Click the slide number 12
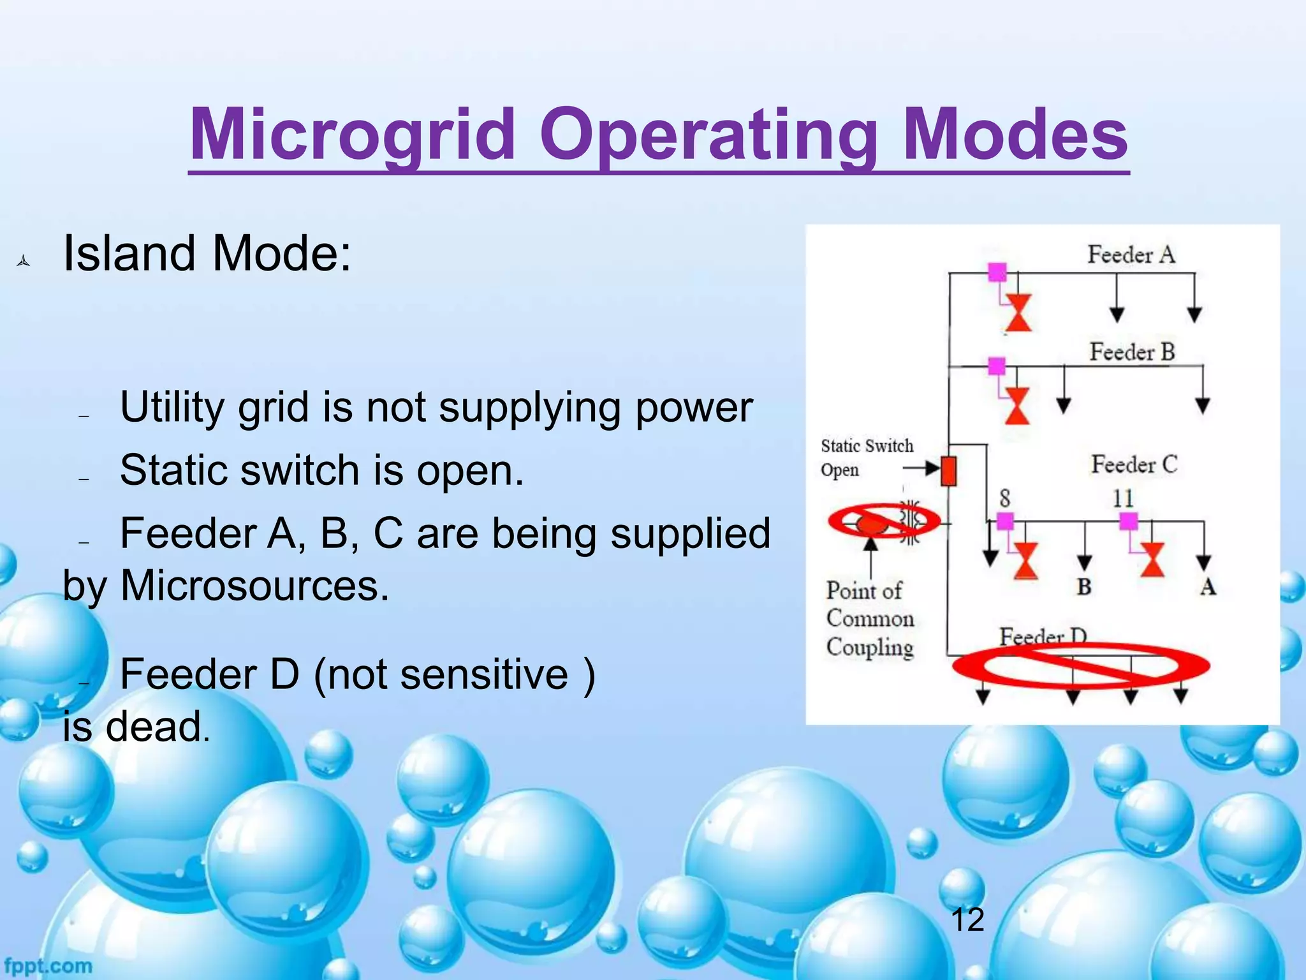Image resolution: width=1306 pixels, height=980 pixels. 967,920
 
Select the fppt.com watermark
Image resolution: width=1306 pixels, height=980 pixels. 48,965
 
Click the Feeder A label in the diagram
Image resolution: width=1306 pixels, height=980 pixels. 1131,255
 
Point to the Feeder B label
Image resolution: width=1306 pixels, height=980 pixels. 1132,352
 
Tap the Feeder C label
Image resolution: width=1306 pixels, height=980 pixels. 1134,464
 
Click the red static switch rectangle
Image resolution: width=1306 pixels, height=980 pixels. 948,471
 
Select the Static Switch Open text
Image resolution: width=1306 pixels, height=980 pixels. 865,457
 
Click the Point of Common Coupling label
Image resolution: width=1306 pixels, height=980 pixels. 869,618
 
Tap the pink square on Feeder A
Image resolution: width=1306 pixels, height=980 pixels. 997,272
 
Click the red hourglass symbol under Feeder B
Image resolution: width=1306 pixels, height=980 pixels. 1017,406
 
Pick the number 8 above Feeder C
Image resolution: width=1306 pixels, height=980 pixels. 1004,498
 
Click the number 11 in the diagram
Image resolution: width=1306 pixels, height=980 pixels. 1123,498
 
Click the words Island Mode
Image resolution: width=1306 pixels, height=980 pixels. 207,253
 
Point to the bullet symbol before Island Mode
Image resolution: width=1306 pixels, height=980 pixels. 24,261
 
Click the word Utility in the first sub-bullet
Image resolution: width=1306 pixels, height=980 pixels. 172,407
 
